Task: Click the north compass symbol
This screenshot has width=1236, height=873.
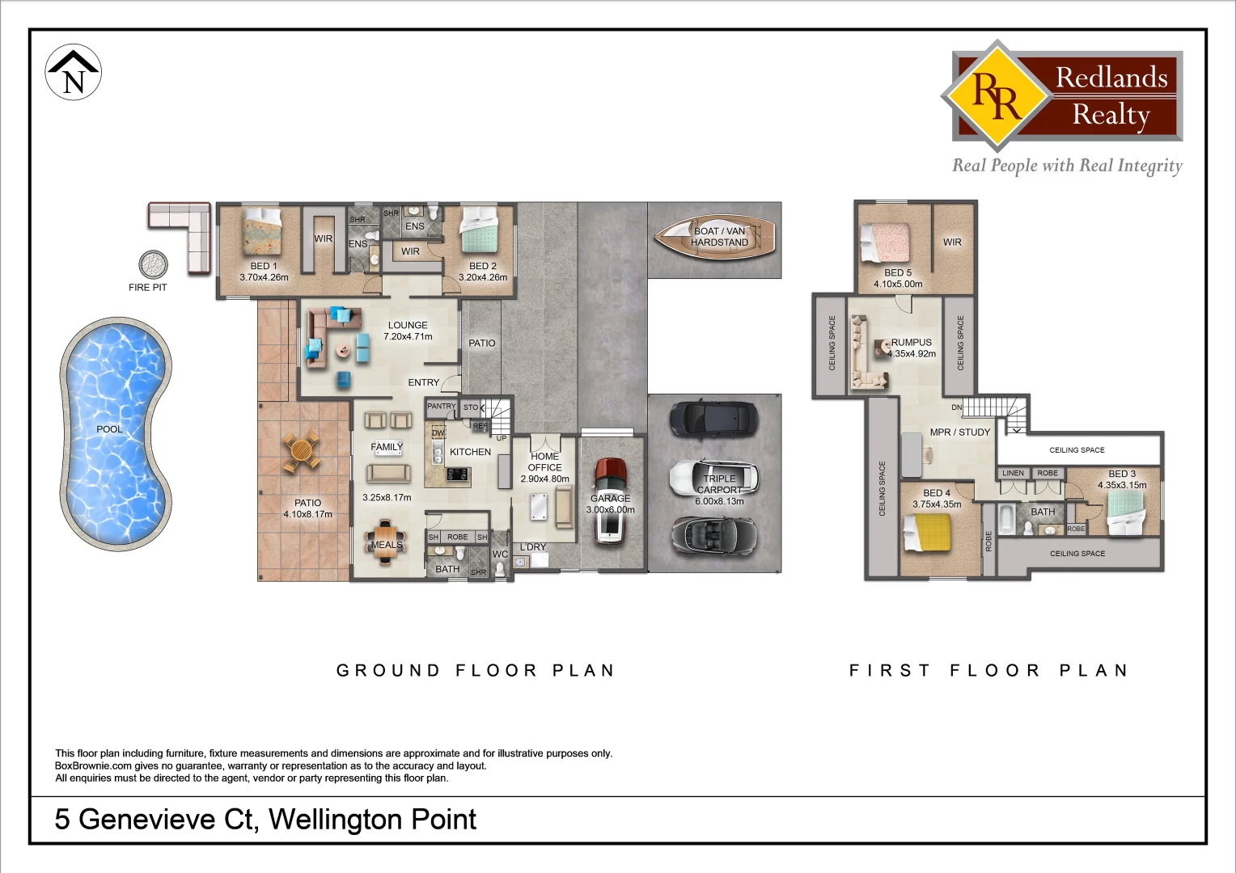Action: tap(74, 73)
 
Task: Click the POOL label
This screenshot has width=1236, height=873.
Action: tap(110, 429)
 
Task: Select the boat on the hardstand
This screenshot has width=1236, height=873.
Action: tap(715, 237)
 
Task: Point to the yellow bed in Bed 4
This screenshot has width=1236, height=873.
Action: tap(927, 533)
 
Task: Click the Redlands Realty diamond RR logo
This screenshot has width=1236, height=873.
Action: tap(997, 95)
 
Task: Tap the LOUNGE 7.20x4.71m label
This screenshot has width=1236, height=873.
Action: tap(408, 331)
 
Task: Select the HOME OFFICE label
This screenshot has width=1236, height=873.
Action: tap(544, 462)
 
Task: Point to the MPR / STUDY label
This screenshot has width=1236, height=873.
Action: tap(959, 432)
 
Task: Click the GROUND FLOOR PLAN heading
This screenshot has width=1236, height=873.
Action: tap(476, 670)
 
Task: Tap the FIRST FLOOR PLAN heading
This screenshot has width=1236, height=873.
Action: tap(988, 670)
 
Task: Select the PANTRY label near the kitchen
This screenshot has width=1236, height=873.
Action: tap(441, 407)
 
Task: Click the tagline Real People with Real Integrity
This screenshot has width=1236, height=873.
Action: tap(1066, 166)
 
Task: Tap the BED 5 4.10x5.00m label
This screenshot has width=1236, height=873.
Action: tap(898, 278)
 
